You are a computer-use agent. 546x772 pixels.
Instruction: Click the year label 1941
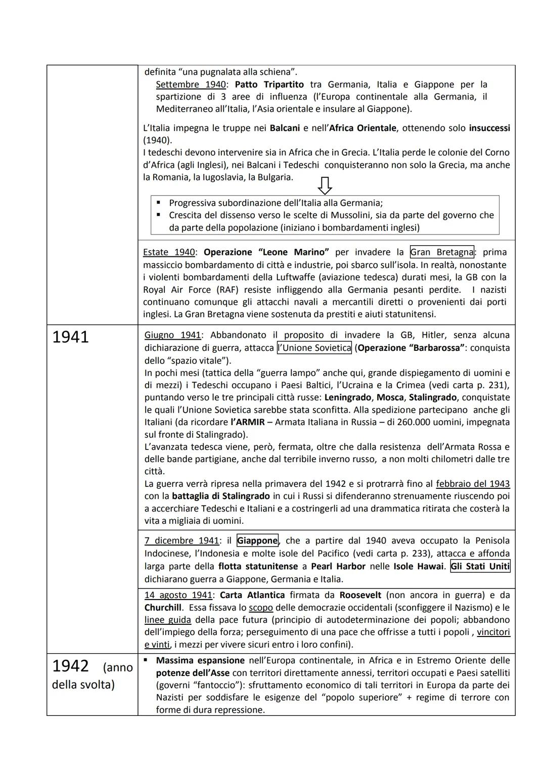click(x=70, y=337)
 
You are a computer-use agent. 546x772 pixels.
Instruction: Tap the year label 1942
click(x=70, y=666)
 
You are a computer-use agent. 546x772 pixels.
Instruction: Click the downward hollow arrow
click(x=325, y=186)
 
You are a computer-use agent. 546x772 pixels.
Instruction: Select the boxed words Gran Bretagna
click(x=442, y=252)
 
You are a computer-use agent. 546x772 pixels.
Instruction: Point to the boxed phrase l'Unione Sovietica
click(x=314, y=348)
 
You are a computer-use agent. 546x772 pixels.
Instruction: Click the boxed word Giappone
click(x=257, y=540)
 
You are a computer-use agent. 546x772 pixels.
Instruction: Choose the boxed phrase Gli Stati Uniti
click(x=480, y=566)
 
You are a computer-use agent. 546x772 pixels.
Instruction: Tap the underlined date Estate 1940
click(x=169, y=252)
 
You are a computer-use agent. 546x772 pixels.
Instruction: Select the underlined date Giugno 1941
click(x=172, y=335)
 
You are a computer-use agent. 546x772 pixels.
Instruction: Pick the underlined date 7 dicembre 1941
click(x=181, y=540)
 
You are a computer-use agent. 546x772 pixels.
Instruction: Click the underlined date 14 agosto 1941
click(x=178, y=595)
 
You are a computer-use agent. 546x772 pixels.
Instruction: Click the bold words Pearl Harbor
click(x=336, y=566)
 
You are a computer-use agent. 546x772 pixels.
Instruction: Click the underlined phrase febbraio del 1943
click(x=473, y=484)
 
